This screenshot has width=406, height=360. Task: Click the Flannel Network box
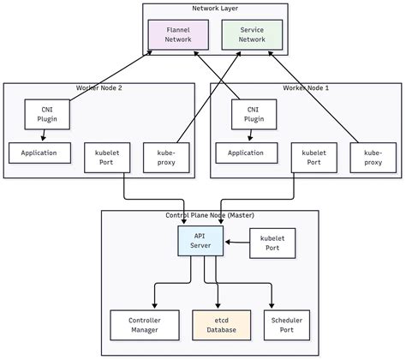pyautogui.click(x=178, y=33)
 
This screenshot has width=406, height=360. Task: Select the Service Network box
pyautogui.click(x=251, y=33)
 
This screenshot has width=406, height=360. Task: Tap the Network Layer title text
pyautogui.click(x=215, y=9)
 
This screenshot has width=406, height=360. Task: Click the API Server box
pyautogui.click(x=200, y=241)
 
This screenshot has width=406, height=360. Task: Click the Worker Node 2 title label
pyautogui.click(x=101, y=88)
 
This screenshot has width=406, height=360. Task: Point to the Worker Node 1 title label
pyautogui.click(x=306, y=88)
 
